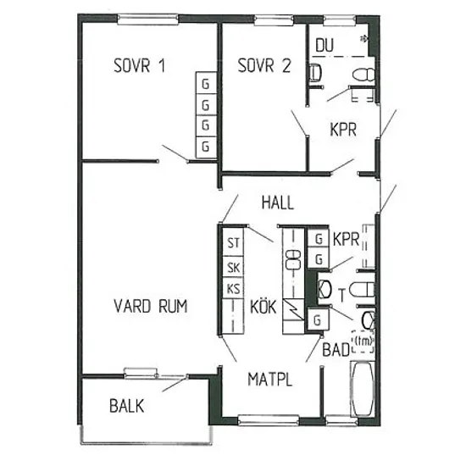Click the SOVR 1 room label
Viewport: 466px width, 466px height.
pyautogui.click(x=139, y=65)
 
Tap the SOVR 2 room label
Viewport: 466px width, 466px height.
pyautogui.click(x=264, y=65)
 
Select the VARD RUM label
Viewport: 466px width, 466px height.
pyautogui.click(x=150, y=306)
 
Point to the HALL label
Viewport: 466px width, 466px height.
pyautogui.click(x=278, y=202)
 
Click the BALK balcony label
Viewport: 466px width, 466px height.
pyautogui.click(x=126, y=406)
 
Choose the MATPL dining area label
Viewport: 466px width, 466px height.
pyautogui.click(x=269, y=380)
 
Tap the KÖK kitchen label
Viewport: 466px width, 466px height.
pyautogui.click(x=264, y=307)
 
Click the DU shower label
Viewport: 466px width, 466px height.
pyautogui.click(x=325, y=45)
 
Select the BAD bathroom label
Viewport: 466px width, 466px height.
pyautogui.click(x=336, y=349)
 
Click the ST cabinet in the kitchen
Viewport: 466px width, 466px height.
pyautogui.click(x=233, y=242)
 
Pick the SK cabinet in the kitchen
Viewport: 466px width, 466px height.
pyautogui.click(x=233, y=267)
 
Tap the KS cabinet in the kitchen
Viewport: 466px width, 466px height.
pyautogui.click(x=233, y=289)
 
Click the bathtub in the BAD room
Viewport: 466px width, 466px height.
pyautogui.click(x=363, y=389)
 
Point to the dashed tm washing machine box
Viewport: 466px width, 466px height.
pyautogui.click(x=363, y=341)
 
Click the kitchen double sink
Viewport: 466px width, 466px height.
pyautogui.click(x=293, y=259)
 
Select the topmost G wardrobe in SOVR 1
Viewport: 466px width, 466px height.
pyautogui.click(x=206, y=83)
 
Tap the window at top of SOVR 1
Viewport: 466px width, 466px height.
pyautogui.click(x=148, y=19)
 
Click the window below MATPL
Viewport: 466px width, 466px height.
pyautogui.click(x=269, y=419)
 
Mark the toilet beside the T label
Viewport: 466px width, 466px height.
pyautogui.click(x=362, y=290)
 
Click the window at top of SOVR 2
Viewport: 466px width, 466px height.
pyautogui.click(x=274, y=19)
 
